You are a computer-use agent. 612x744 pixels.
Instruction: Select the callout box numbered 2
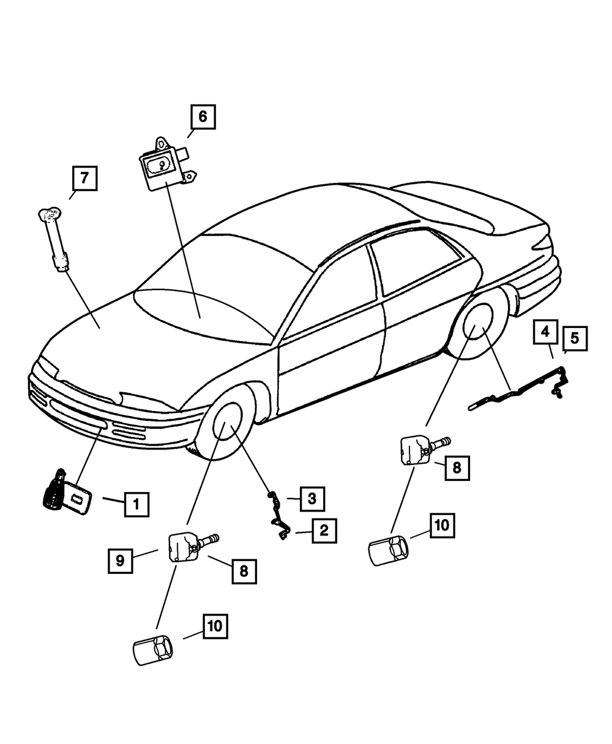[x=324, y=530]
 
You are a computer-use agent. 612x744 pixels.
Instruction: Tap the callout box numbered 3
[x=312, y=499]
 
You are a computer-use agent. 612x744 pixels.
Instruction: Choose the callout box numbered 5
[x=575, y=338]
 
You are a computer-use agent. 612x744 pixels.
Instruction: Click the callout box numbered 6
[x=203, y=116]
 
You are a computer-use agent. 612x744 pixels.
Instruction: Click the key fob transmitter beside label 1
[x=67, y=493]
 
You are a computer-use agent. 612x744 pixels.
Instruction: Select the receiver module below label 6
[x=162, y=164]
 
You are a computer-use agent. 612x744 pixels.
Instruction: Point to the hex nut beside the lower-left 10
[x=152, y=647]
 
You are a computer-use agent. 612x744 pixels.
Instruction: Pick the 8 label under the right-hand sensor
[x=457, y=469]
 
